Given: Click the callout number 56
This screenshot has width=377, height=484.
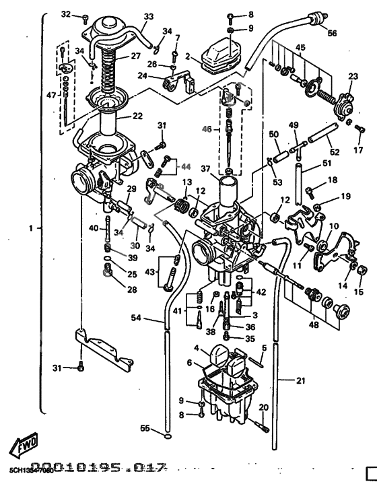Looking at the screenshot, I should pos(332,32).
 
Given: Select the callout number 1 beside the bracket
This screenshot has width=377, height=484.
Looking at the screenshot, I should pos(30,228).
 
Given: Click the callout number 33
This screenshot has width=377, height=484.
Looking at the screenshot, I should pos(148,17).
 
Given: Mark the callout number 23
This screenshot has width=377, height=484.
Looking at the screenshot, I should pos(352,77).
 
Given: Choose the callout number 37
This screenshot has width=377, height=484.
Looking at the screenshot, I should pos(206,169).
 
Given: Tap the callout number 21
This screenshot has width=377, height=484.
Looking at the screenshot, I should pos(300,380).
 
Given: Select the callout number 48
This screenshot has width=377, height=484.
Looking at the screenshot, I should pos(313,325).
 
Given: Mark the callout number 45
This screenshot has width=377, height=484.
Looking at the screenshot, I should pos(300,47).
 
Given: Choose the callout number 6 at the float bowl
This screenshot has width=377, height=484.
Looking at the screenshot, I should pos(191,363).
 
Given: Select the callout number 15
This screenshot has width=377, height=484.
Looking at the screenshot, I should pos(357,292).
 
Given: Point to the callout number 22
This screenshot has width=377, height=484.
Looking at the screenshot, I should pos(137,116).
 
